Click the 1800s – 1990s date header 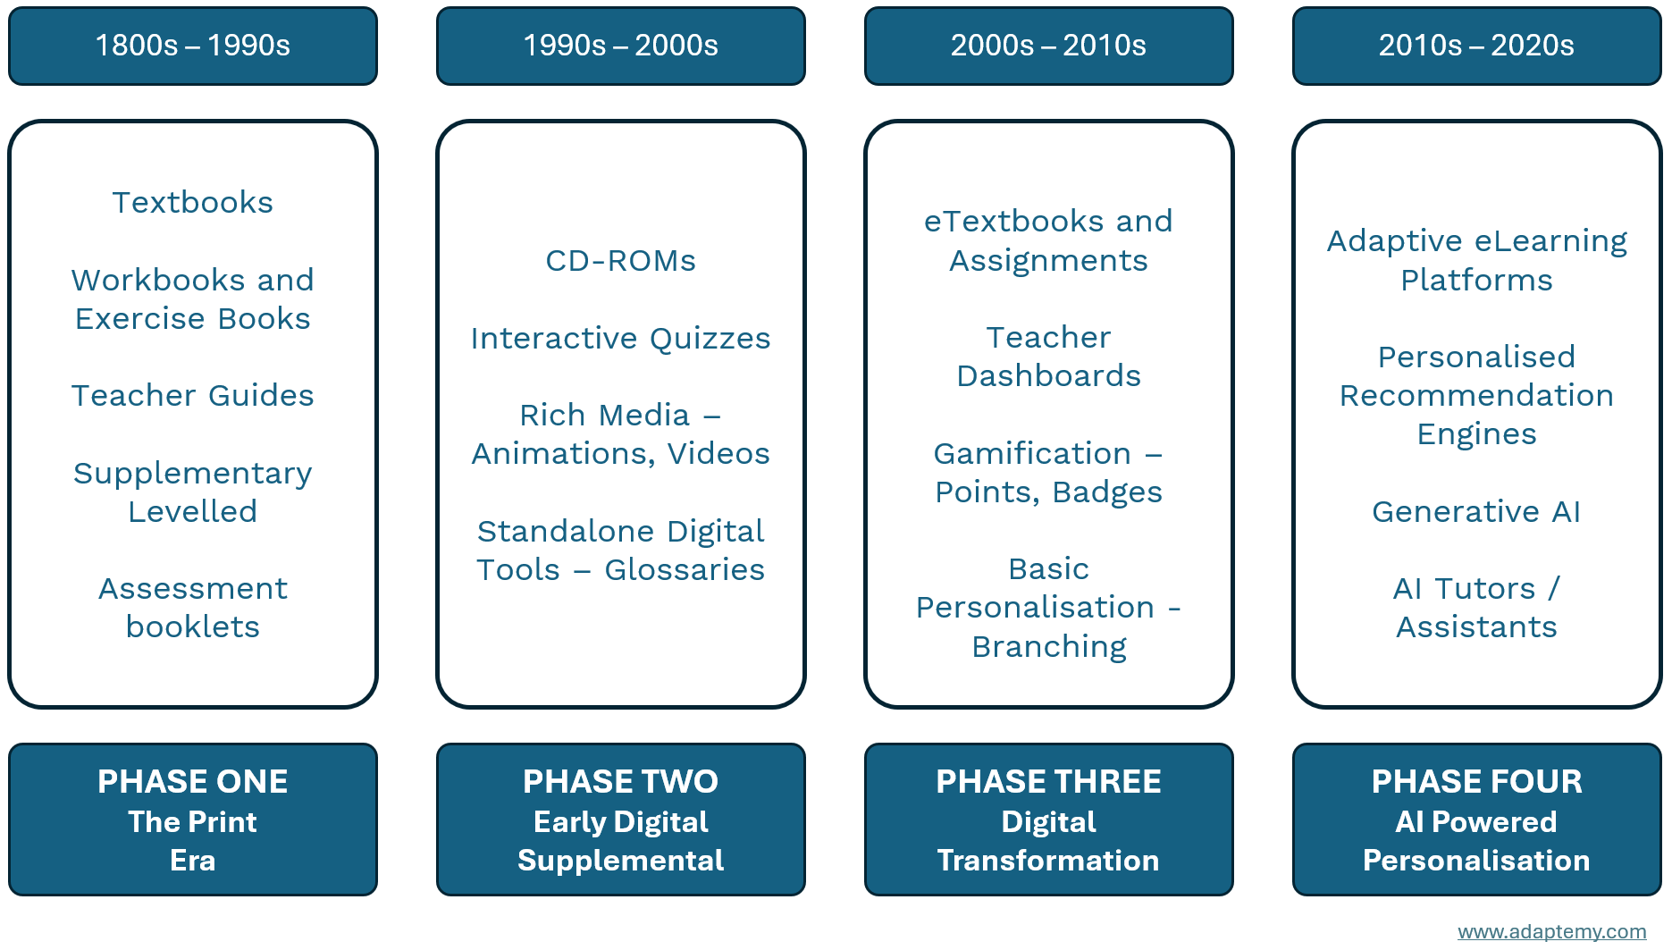click(x=193, y=46)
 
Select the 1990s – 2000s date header click(x=621, y=46)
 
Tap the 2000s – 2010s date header click(x=1049, y=46)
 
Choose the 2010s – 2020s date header click(x=1477, y=46)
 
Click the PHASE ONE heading click(x=193, y=782)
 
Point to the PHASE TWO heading click(x=621, y=782)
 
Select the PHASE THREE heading click(x=1049, y=782)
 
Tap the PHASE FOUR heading click(x=1477, y=782)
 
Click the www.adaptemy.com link click(x=1552, y=931)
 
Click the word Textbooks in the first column click(x=193, y=203)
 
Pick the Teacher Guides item click(x=193, y=396)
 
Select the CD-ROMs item click(x=621, y=261)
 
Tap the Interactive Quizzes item click(x=621, y=339)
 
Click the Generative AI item click(x=1477, y=512)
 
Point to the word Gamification click(x=1032, y=454)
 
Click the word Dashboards click(x=1049, y=376)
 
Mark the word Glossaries click(x=685, y=570)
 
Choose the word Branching click(x=1049, y=647)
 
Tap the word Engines click(x=1477, y=435)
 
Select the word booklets click(x=193, y=627)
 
